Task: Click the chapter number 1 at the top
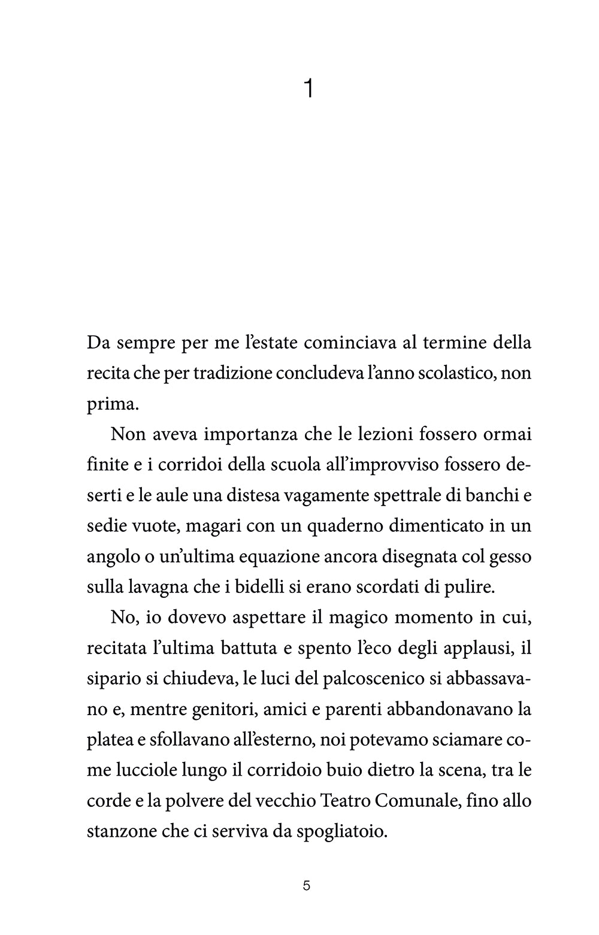(308, 89)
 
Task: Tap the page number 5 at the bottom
(307, 886)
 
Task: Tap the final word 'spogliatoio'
(335, 832)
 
